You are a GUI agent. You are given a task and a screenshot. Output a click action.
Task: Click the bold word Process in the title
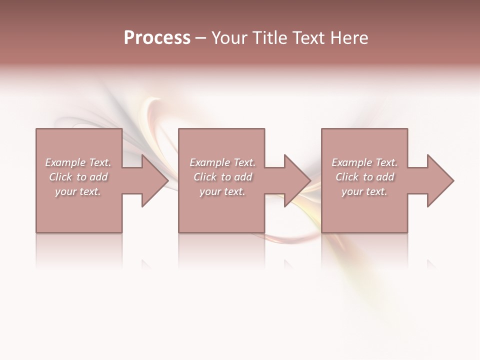157,38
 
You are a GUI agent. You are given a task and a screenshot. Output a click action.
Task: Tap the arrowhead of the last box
439,180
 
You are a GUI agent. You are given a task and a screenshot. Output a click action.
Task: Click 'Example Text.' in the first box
78,162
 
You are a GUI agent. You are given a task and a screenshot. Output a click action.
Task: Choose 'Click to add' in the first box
78,177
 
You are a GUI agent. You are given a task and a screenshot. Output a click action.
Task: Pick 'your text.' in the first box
78,191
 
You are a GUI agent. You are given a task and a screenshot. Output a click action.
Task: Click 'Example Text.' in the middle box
222,162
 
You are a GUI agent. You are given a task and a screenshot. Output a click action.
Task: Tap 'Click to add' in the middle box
222,177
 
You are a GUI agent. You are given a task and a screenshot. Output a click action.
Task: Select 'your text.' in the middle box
222,191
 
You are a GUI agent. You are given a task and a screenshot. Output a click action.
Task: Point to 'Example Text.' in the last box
364,162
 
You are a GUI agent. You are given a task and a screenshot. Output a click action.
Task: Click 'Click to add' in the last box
364,177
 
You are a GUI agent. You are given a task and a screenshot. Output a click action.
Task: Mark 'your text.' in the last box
364,191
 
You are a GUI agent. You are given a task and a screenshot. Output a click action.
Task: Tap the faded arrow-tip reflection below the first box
145,263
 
